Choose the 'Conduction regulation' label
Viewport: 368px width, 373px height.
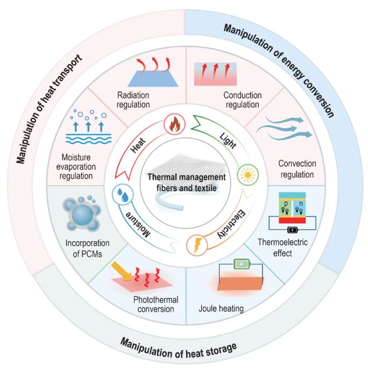pyautogui.click(x=242, y=100)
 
